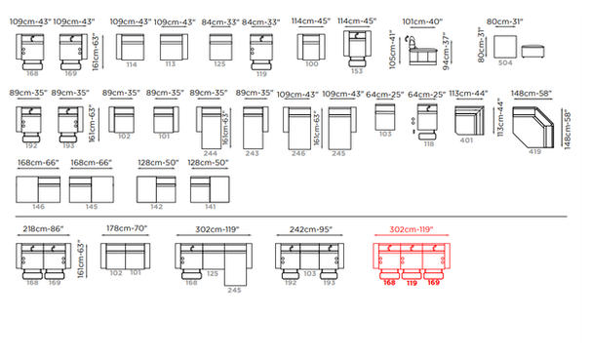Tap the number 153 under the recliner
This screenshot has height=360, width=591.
pos(356,71)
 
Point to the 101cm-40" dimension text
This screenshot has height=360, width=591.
pos(422,20)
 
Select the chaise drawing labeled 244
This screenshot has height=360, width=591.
pos(212,127)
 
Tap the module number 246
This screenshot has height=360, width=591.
pos(298,154)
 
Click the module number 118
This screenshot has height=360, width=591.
pos(429,144)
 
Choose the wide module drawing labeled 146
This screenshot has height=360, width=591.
pos(38,187)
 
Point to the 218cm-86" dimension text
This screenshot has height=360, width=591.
pos(42,228)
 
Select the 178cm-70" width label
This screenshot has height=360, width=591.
pos(124,228)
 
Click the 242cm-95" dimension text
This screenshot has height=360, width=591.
pos(309,228)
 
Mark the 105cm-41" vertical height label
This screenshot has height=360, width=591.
pos(395,49)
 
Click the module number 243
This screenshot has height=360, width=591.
pos(252,154)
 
